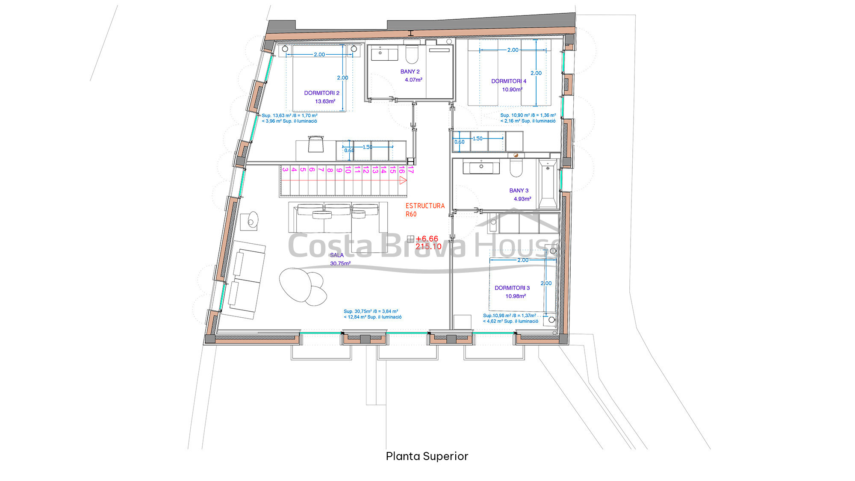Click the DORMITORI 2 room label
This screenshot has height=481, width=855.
pyautogui.click(x=321, y=93)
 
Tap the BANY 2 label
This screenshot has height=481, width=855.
pyautogui.click(x=410, y=71)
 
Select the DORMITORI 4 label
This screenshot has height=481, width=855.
pyautogui.click(x=509, y=81)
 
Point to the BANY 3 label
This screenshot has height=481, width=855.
pyautogui.click(x=519, y=190)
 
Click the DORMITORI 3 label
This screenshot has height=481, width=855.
pyautogui.click(x=512, y=288)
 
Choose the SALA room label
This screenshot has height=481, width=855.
pyautogui.click(x=337, y=255)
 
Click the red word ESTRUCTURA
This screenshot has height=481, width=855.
pyautogui.click(x=425, y=206)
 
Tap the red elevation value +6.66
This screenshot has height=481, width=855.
pyautogui.click(x=427, y=239)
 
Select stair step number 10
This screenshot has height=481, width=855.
pyautogui.click(x=348, y=170)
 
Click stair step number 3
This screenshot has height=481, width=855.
pyautogui.click(x=285, y=170)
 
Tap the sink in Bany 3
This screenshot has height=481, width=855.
pyautogui.click(x=481, y=166)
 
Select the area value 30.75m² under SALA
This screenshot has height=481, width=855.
pyautogui.click(x=340, y=263)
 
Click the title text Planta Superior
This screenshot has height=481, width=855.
pyautogui.click(x=427, y=456)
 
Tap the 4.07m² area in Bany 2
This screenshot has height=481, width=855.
pyautogui.click(x=413, y=80)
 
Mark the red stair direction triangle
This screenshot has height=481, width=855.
pyautogui.click(x=402, y=180)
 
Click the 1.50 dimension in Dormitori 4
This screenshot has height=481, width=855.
pyautogui.click(x=478, y=139)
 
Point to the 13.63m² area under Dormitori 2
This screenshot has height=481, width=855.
pyautogui.click(x=325, y=101)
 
